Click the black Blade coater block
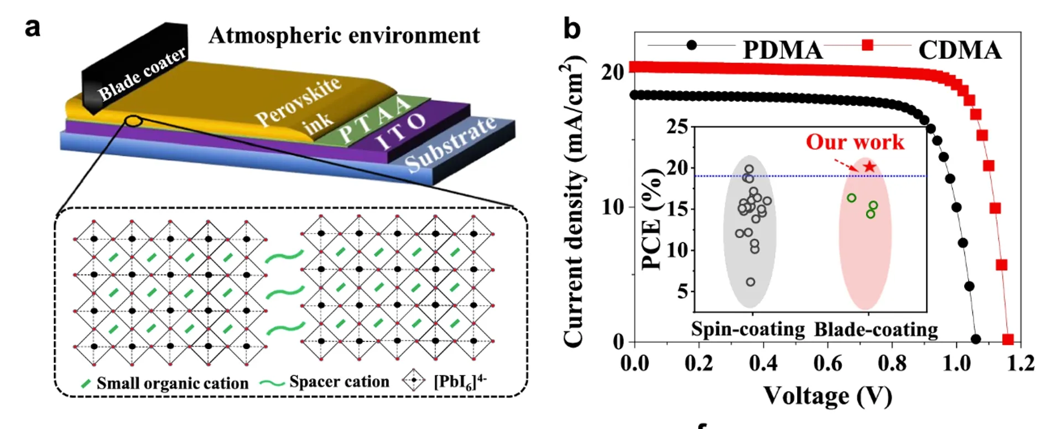click(x=136, y=69)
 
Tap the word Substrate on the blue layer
click(x=451, y=145)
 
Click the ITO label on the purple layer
click(x=402, y=131)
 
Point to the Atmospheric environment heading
click(x=344, y=36)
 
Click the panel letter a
click(x=33, y=27)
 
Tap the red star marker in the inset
click(x=870, y=167)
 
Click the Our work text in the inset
click(x=855, y=142)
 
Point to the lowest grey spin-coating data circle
click(x=751, y=282)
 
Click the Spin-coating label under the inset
click(x=748, y=329)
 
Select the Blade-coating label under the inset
click(x=876, y=330)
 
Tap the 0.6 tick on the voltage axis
click(x=828, y=364)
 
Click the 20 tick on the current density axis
click(x=612, y=73)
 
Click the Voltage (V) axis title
click(x=827, y=396)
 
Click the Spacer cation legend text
click(x=339, y=382)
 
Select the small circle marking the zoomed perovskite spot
click(x=134, y=121)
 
